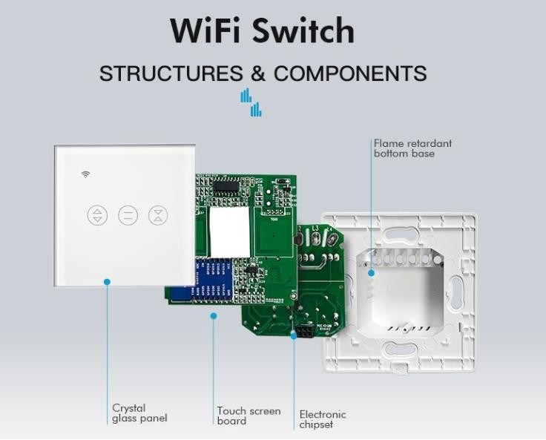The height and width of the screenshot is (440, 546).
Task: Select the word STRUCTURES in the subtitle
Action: (x=171, y=73)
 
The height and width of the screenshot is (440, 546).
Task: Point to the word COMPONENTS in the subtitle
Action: (x=350, y=73)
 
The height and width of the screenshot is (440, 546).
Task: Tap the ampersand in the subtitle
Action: (x=258, y=73)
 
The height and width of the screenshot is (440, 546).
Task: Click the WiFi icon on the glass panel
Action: (x=86, y=175)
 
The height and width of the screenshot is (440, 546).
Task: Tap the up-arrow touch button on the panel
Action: (x=97, y=215)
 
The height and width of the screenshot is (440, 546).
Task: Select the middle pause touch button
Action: (x=128, y=215)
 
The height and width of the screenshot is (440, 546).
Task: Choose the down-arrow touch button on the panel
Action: (x=158, y=215)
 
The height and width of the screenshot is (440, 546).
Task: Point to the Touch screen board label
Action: (x=249, y=416)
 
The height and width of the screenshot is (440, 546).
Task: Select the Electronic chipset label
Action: (x=323, y=419)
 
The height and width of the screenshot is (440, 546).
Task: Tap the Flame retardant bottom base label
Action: (x=412, y=148)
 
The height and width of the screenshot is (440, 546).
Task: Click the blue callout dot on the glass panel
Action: (x=107, y=282)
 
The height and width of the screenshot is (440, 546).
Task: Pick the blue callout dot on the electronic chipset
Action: (x=294, y=335)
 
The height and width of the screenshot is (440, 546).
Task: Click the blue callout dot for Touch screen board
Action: (x=214, y=316)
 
